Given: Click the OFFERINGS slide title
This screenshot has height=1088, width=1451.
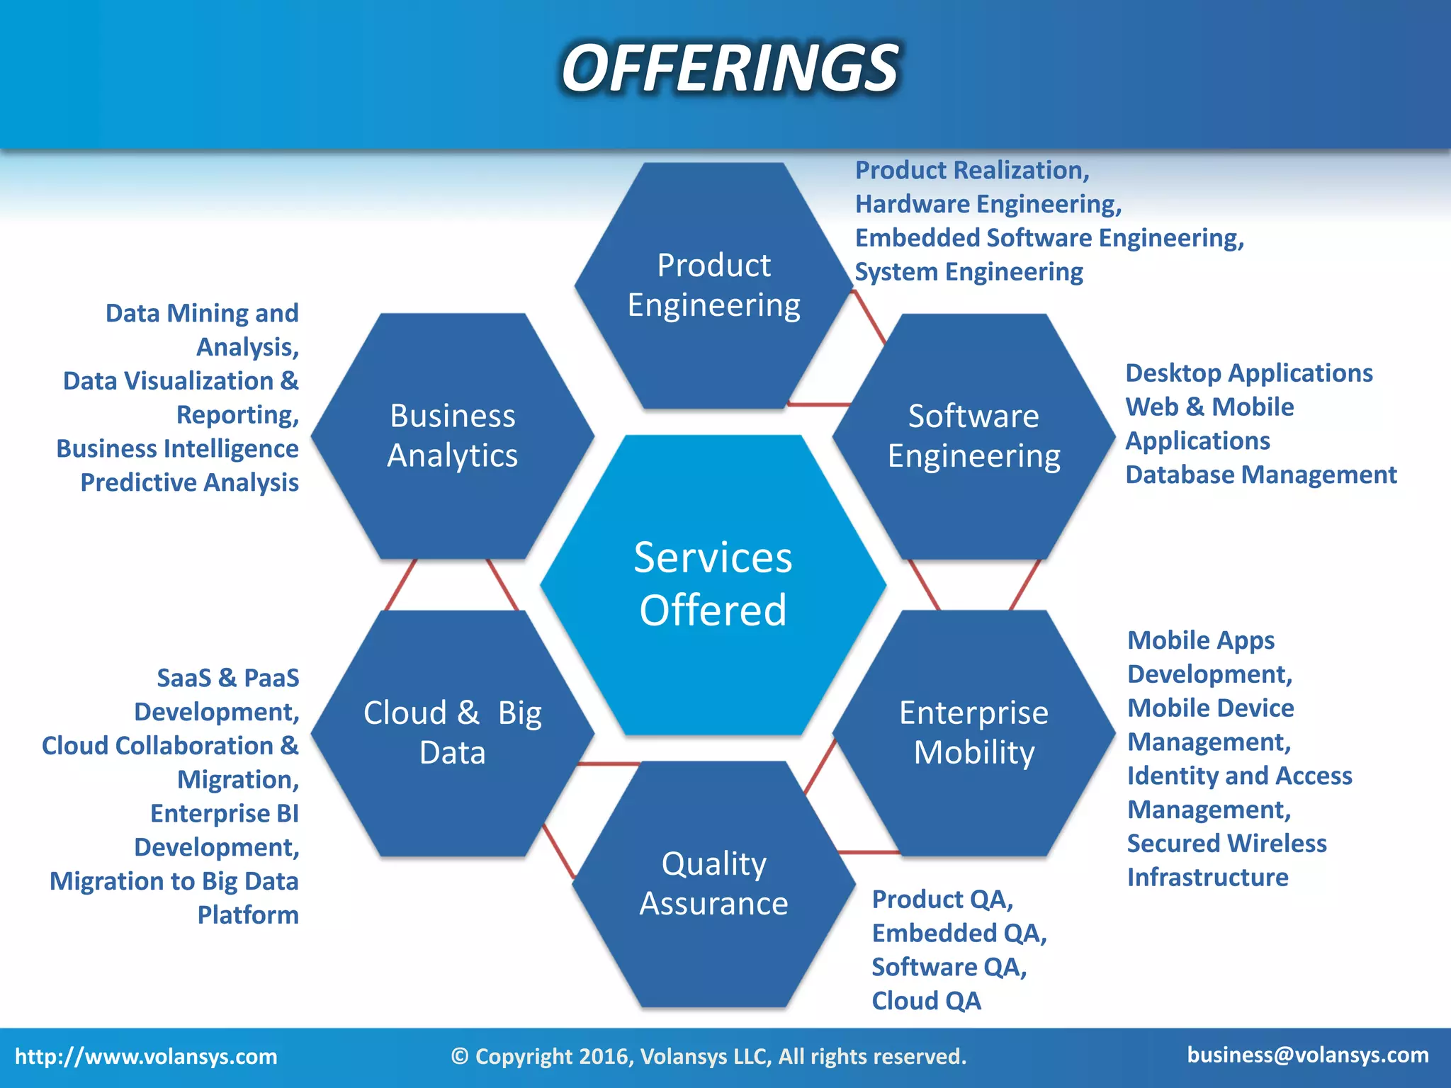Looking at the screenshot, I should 730,68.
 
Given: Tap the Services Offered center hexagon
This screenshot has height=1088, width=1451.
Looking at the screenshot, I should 713,584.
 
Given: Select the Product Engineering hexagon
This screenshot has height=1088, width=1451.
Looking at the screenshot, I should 713,285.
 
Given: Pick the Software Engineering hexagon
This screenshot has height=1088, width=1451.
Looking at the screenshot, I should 973,436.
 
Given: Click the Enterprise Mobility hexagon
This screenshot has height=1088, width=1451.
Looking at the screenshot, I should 973,732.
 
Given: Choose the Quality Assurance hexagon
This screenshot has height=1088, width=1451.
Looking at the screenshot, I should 713,883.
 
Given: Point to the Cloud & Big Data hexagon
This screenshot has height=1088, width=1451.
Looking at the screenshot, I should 453,732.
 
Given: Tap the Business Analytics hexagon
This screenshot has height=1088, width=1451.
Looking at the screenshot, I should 453,436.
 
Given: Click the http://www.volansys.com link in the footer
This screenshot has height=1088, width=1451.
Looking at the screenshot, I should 146,1056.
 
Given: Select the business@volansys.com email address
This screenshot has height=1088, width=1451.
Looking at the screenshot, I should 1308,1055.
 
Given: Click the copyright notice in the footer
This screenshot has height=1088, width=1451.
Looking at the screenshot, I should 708,1056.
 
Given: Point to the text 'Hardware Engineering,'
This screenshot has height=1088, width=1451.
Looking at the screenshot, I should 988,205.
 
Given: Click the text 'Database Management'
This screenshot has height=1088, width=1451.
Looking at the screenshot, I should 1261,475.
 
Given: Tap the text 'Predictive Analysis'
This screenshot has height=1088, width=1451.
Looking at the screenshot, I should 189,482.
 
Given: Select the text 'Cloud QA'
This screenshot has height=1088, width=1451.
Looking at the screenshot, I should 926,1001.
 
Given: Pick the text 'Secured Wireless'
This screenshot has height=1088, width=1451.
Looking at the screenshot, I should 1226,843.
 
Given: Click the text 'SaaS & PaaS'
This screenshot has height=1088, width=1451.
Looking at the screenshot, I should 227,678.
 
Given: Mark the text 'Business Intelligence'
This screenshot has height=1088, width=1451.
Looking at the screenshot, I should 177,448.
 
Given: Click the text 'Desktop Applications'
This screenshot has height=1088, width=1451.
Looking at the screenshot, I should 1249,373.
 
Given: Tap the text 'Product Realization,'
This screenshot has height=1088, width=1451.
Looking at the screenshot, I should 972,171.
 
